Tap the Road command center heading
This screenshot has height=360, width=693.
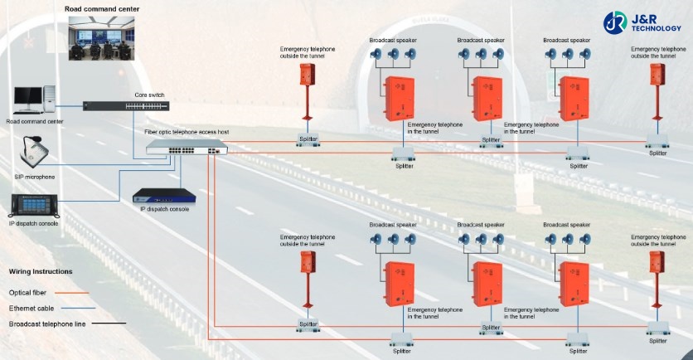[102, 9]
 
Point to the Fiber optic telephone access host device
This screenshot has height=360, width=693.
[185, 148]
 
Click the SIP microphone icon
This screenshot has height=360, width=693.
[35, 153]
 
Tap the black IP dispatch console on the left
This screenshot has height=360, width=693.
[34, 205]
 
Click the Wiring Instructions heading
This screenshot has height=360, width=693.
[41, 271]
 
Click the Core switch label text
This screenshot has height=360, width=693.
[150, 95]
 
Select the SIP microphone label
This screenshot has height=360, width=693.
[35, 177]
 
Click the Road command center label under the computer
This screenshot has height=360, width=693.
[35, 121]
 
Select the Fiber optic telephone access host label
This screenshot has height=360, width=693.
[187, 132]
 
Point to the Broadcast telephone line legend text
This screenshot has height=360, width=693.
[47, 324]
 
